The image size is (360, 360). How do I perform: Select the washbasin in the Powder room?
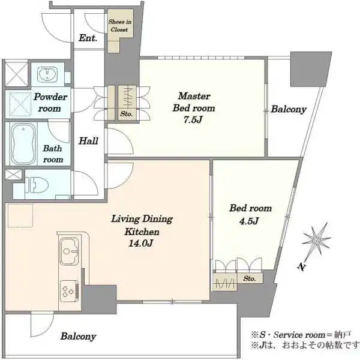47,74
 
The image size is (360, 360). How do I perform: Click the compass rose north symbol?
316,239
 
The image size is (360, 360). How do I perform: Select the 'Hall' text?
89,141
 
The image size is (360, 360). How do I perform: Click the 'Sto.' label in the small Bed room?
250,278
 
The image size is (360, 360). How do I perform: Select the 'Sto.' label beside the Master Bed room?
127,113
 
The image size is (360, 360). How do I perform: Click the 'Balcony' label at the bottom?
78,337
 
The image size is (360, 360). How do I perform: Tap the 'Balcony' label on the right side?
289,110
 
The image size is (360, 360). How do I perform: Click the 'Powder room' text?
50,103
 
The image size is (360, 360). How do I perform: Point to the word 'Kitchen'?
142,231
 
